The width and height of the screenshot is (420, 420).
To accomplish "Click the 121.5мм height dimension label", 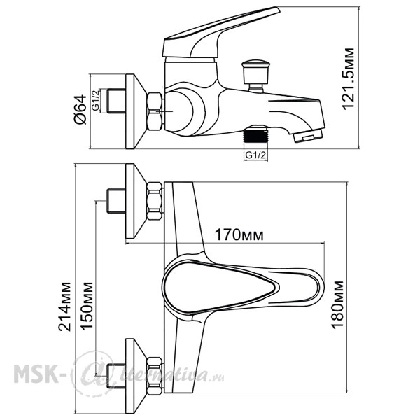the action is tap(349, 78).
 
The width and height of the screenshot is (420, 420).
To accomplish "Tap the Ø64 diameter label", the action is tap(80, 109).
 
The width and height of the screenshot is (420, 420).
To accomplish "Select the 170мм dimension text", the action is tap(239, 234).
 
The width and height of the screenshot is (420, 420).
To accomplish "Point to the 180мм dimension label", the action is tap(337, 304).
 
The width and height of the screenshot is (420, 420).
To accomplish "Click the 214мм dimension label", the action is tap(65, 307).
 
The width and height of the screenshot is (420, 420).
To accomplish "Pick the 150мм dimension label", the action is tap(87, 306).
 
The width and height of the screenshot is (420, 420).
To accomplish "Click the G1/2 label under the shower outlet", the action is tap(255, 155).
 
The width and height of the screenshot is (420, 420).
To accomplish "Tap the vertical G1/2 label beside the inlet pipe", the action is tap(96, 100).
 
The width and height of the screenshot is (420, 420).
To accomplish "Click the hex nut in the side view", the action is tap(155, 111).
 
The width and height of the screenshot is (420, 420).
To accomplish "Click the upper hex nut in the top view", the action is tap(155, 201).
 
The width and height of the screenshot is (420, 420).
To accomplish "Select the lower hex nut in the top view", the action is tap(155, 376).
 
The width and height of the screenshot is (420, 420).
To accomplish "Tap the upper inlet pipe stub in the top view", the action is tap(116, 201).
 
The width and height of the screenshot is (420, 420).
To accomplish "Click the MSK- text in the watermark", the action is tap(36, 374).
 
